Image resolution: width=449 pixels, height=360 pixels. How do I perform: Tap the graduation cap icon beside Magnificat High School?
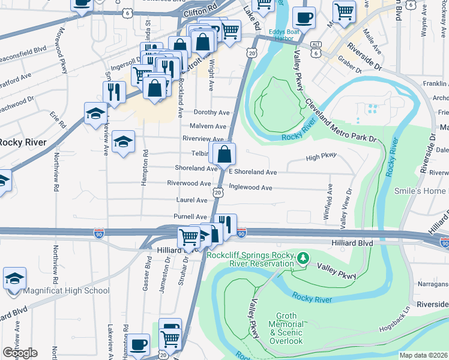[x=14, y=278]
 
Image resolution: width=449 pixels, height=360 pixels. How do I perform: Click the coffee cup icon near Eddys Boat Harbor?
[x=304, y=18]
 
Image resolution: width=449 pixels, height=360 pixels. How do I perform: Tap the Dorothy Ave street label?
[x=211, y=112]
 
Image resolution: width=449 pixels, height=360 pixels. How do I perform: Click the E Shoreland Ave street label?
[x=253, y=172]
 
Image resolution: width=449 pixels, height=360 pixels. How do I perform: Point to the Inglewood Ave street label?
[x=250, y=188]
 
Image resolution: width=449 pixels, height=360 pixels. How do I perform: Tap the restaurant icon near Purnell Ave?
[x=226, y=225]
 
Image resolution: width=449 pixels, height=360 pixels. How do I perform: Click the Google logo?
[x=20, y=353]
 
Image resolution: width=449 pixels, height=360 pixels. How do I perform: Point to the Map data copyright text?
[x=423, y=355]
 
